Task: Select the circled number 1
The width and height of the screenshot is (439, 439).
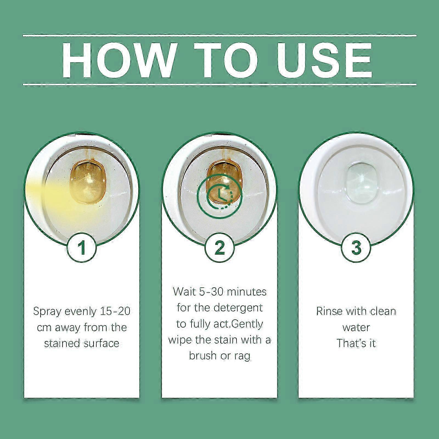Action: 81,247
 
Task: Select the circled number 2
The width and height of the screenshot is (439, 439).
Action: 219,247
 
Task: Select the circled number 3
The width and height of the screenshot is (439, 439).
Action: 356,247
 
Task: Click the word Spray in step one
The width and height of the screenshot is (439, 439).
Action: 47,312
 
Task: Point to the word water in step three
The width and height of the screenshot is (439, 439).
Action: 356,327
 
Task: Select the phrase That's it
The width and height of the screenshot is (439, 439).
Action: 356,343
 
